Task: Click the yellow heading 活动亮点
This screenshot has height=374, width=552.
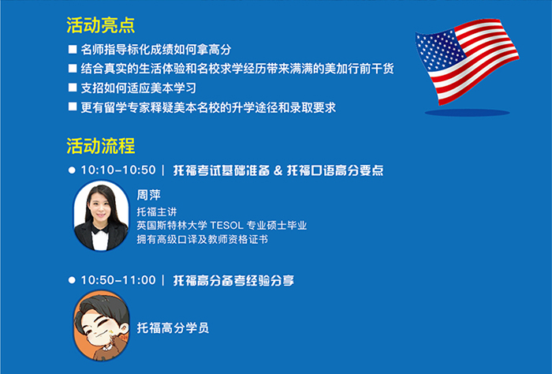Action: pyautogui.click(x=101, y=25)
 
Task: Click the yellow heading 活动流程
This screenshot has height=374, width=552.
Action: pyautogui.click(x=101, y=146)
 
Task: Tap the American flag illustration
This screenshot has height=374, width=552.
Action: pyautogui.click(x=467, y=62)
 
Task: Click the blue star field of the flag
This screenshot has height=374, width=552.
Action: pyautogui.click(x=441, y=49)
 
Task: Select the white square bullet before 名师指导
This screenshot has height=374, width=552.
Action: pyautogui.click(x=73, y=49)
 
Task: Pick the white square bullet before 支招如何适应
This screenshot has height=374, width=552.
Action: pyautogui.click(x=73, y=88)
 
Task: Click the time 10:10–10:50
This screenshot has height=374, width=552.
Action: pyautogui.click(x=118, y=170)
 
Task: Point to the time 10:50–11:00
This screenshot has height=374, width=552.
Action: pyautogui.click(x=118, y=280)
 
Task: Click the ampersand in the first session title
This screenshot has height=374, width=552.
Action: pyautogui.click(x=278, y=170)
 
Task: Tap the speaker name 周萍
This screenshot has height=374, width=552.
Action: pyautogui.click(x=148, y=195)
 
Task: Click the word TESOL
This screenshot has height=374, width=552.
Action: pyautogui.click(x=227, y=226)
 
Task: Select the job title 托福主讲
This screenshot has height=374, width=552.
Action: pyautogui.click(x=157, y=211)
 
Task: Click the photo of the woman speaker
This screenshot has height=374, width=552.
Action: pyautogui.click(x=101, y=216)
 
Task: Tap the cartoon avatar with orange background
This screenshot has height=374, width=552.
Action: pyautogui.click(x=101, y=325)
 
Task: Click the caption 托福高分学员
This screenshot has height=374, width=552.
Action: pyautogui.click(x=173, y=328)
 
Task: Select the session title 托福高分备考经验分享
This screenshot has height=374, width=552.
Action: pyautogui.click(x=233, y=281)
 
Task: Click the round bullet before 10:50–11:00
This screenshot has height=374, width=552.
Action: pyautogui.click(x=72, y=280)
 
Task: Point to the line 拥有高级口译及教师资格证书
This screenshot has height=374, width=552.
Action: pyautogui.click(x=203, y=240)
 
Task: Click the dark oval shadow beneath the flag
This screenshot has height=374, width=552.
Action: pyautogui.click(x=467, y=113)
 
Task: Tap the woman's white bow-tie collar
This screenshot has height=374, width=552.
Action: pyautogui.click(x=100, y=229)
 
